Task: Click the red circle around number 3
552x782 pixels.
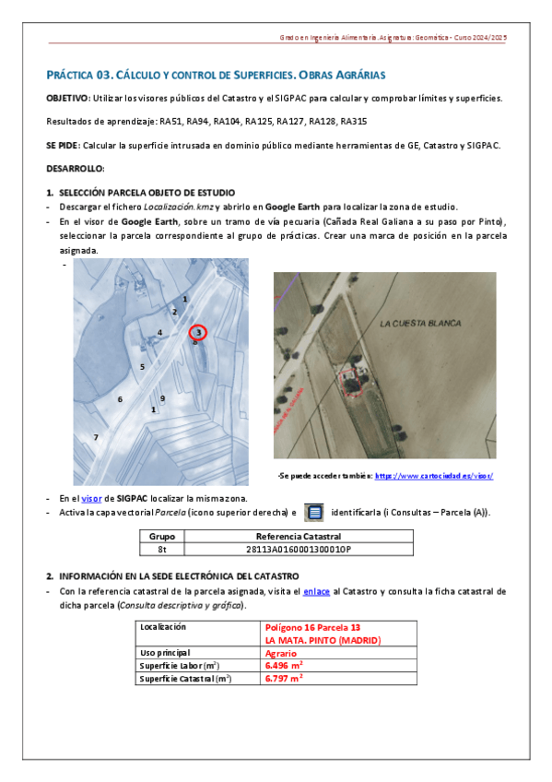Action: point(190,333)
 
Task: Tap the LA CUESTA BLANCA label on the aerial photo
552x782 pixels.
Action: point(420,324)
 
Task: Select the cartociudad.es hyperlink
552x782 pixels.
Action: point(434,476)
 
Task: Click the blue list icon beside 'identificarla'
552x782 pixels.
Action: point(314,512)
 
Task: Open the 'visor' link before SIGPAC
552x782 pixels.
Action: point(91,498)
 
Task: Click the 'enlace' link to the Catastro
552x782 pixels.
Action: point(316,591)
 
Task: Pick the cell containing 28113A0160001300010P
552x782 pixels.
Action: point(299,549)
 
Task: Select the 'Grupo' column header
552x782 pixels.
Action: point(162,537)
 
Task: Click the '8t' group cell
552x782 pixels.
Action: point(162,549)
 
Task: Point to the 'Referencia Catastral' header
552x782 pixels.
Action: point(299,537)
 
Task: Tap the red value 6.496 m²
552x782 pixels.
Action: point(284,666)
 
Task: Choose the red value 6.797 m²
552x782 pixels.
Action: point(284,679)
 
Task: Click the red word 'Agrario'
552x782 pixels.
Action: point(281,653)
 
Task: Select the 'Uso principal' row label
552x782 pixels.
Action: point(165,653)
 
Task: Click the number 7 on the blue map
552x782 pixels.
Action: point(96,437)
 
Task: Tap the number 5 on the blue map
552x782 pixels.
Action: point(142,367)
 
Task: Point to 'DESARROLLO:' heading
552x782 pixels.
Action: point(76,169)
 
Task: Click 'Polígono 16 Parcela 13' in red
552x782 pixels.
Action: point(313,627)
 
